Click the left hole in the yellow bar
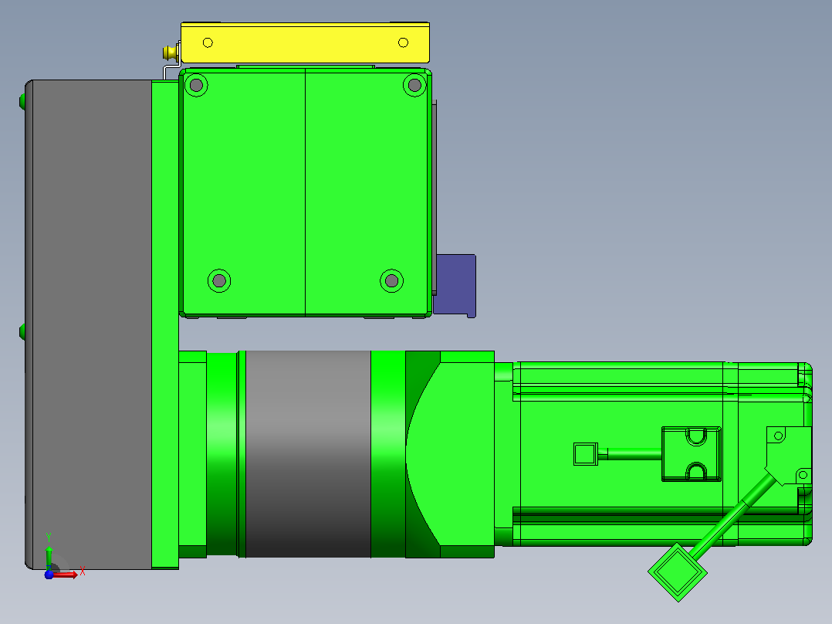point(208,42)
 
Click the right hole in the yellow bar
point(403,42)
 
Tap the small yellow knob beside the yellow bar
point(171,53)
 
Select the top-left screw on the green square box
point(196,85)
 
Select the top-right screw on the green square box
point(414,85)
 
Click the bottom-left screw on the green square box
point(219,280)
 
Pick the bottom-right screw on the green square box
point(391,280)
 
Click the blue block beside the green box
point(455,286)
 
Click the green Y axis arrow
point(49,557)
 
